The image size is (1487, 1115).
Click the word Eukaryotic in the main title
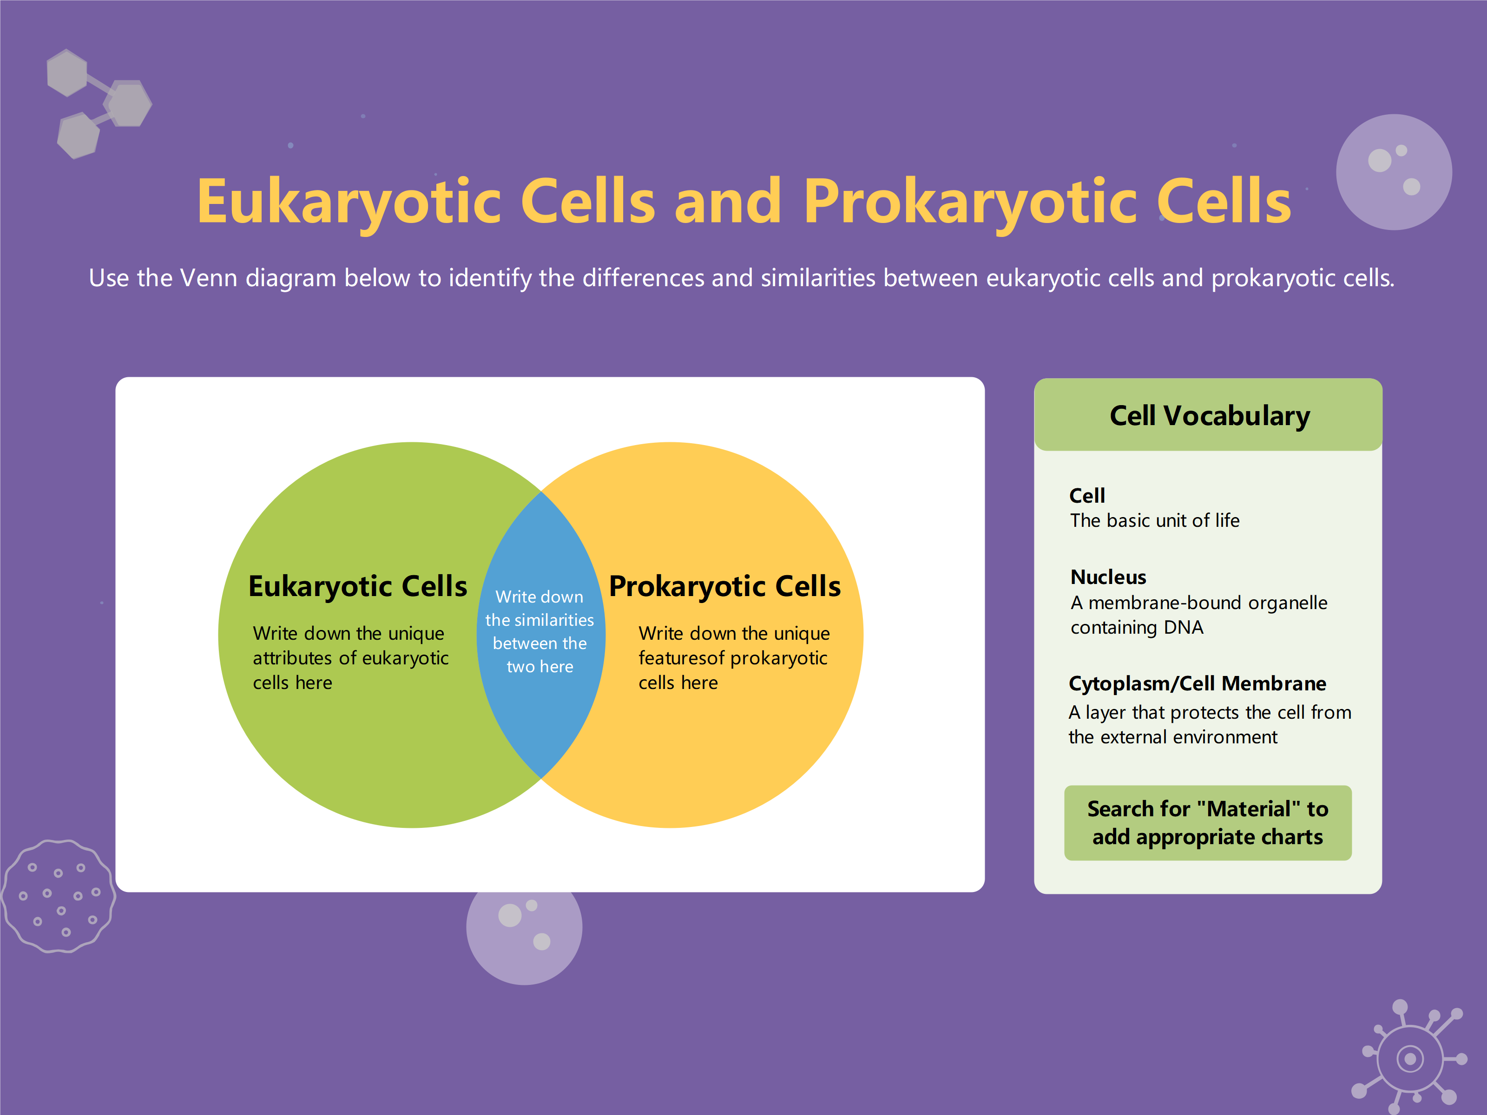pos(349,202)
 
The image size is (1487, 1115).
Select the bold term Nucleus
pos(1108,577)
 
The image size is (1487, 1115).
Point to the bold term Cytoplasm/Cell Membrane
pos(1197,683)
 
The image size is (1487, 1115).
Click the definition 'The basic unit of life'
pos(1154,521)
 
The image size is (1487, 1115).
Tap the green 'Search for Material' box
pos(1207,823)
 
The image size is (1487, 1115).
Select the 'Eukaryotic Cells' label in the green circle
pos(358,586)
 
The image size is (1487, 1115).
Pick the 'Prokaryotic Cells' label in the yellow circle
pos(724,586)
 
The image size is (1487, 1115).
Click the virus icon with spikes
pos(1410,1058)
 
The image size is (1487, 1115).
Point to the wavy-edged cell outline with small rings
pos(59,896)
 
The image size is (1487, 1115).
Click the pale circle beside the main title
pos(1394,172)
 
